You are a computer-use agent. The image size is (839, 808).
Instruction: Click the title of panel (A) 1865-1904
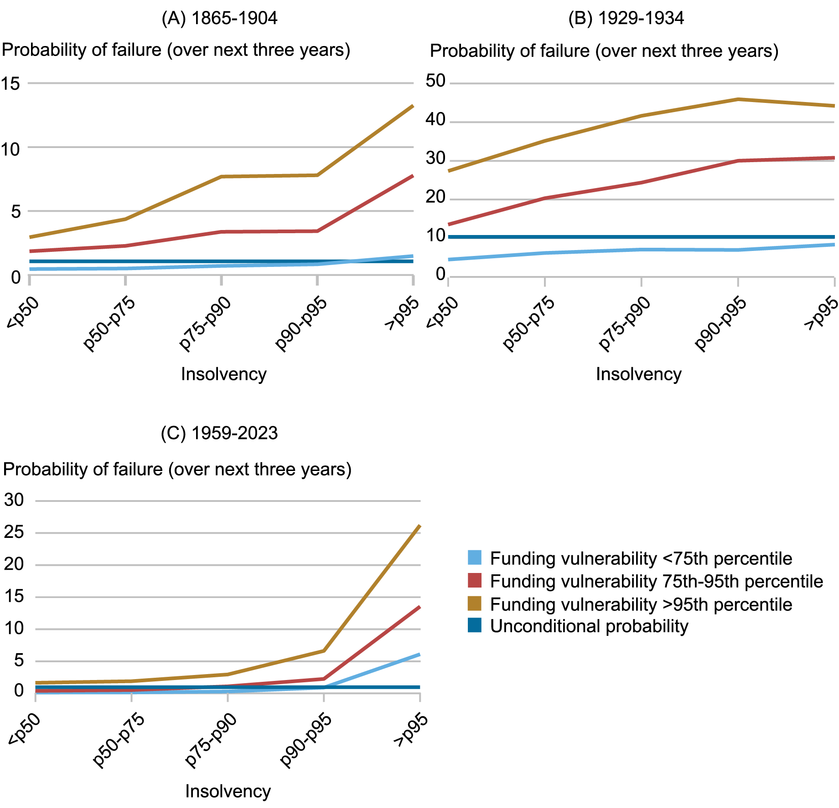[x=219, y=19]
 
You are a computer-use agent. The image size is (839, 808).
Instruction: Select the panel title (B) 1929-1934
[x=626, y=19]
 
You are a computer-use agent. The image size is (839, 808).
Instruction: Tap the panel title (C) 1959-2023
[x=219, y=433]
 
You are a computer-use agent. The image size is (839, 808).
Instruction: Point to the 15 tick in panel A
[x=11, y=83]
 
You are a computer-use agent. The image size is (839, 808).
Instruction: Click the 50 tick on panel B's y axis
[x=435, y=81]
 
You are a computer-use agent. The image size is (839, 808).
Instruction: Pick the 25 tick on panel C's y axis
[x=14, y=532]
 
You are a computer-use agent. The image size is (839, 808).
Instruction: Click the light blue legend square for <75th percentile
[x=475, y=557]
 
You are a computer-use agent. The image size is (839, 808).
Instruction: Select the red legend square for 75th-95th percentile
[x=475, y=581]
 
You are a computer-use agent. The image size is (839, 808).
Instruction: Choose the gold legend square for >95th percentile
[x=475, y=603]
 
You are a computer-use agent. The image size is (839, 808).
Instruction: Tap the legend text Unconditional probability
[x=589, y=626]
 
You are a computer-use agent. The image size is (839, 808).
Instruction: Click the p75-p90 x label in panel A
[x=205, y=323]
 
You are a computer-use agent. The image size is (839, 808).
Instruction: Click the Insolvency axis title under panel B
[x=638, y=374]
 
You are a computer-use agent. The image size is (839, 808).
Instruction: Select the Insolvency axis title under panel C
[x=228, y=791]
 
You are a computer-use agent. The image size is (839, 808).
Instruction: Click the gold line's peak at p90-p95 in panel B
[x=738, y=99]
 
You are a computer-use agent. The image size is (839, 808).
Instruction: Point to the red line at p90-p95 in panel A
[x=317, y=231]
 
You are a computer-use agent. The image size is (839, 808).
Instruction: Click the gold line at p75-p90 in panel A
[x=222, y=176]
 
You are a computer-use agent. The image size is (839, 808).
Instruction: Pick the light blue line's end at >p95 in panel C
[x=419, y=655]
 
